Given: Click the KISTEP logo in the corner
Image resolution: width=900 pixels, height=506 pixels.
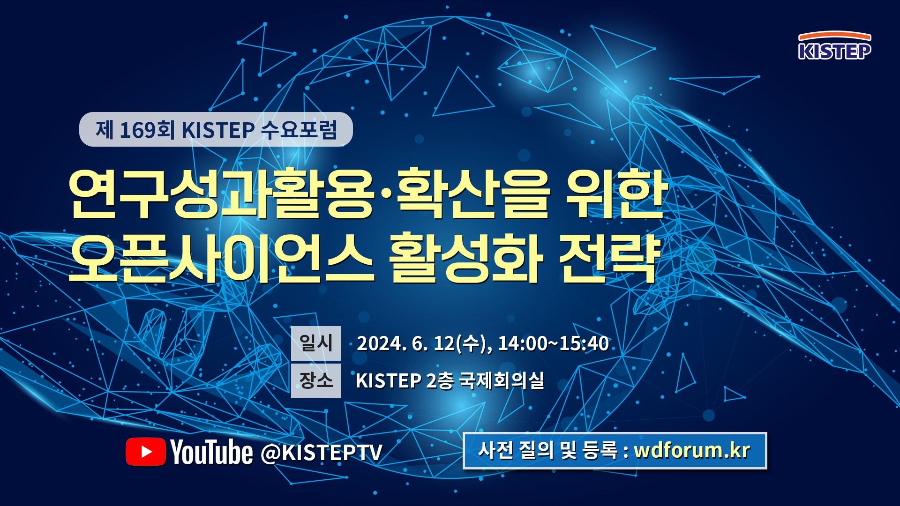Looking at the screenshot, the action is [x=835, y=45].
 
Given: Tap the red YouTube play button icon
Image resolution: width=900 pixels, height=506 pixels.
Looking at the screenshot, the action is [x=146, y=452].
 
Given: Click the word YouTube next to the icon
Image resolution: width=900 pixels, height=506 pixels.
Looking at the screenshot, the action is [x=211, y=452].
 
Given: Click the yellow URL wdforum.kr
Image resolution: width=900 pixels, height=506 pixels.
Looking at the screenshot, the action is [x=692, y=450].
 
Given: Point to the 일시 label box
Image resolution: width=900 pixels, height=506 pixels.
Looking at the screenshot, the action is [x=316, y=343].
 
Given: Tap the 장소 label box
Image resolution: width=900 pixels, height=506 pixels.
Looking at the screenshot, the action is [x=316, y=380].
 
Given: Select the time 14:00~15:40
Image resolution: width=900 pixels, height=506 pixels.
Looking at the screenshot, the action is [x=553, y=343].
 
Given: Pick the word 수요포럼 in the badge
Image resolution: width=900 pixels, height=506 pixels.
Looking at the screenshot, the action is [x=299, y=130].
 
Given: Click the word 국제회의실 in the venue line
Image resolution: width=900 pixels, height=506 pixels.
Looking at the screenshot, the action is [x=502, y=380].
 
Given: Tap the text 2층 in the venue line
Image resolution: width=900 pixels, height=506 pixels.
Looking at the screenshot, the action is [x=440, y=380].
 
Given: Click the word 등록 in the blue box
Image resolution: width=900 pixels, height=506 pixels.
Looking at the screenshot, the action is [x=600, y=450].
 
